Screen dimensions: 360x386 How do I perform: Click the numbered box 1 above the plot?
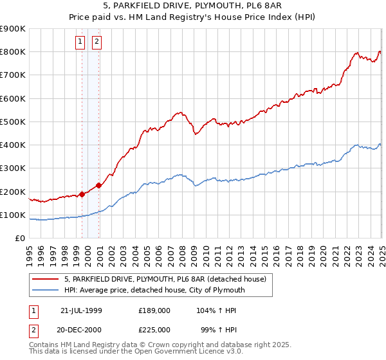tap(80, 42)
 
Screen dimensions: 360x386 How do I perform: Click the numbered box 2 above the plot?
tap(96, 42)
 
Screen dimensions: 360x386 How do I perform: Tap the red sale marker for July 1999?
tap(82, 194)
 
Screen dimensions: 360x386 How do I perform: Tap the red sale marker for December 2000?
tap(99, 186)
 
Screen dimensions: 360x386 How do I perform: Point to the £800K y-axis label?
tap(13, 52)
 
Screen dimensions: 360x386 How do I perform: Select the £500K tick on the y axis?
tap(13, 122)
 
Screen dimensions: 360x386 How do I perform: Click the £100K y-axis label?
tap(13, 215)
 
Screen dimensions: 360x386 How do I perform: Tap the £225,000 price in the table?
tap(154, 328)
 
